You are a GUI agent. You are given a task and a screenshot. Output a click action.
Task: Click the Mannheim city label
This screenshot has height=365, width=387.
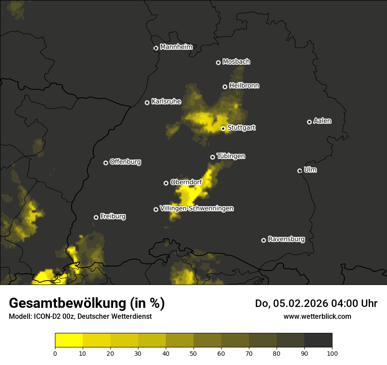176,47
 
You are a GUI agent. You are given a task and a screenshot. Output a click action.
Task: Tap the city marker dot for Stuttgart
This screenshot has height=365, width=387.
223,128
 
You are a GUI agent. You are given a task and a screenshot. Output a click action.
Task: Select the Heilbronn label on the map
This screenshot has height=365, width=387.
244,86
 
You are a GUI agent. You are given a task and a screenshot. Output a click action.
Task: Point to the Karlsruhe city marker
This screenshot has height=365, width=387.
147,102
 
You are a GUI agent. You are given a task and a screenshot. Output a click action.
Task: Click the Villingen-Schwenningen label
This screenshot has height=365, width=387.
197,208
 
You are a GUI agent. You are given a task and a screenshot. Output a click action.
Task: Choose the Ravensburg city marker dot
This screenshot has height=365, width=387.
264,240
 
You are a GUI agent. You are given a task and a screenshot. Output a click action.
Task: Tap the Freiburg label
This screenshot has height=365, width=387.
113,216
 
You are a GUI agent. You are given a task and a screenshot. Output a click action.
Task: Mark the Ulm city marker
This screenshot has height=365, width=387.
300,171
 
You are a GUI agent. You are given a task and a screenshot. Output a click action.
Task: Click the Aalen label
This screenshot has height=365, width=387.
322,121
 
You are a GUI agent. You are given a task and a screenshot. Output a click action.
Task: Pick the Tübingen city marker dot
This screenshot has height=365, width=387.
213,157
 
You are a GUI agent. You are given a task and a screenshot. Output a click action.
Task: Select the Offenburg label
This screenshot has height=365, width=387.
125,162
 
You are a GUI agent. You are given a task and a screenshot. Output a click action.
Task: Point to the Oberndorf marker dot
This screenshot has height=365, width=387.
166,183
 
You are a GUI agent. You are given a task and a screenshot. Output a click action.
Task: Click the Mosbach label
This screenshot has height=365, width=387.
236,62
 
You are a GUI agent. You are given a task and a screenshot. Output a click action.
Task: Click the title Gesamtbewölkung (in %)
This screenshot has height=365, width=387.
87,303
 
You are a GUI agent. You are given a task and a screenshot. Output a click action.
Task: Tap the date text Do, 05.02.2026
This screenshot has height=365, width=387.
290,303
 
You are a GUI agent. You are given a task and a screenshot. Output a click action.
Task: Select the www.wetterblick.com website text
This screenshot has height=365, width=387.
318,316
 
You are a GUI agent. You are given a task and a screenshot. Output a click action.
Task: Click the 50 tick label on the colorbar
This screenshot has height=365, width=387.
193,353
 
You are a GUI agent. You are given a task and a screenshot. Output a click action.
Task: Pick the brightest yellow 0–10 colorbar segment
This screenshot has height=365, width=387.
69,340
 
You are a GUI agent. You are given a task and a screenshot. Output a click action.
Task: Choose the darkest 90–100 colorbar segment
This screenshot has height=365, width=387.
318,340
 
